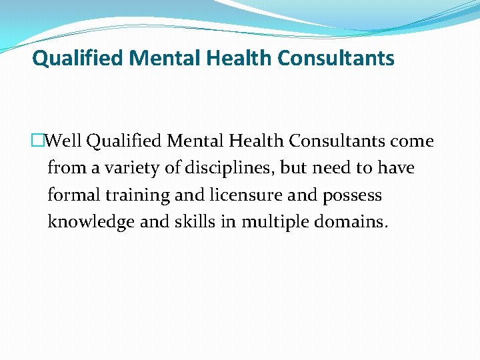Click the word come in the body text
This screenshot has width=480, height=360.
click(x=413, y=141)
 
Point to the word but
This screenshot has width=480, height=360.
click(x=294, y=168)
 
